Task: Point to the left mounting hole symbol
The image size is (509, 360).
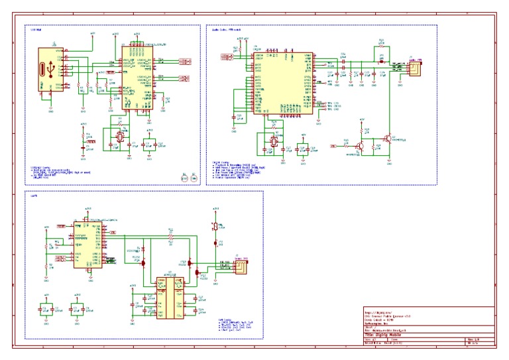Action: (184, 177)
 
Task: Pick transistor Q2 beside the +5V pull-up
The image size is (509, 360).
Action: (388, 139)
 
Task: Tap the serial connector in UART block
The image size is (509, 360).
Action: (242, 267)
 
